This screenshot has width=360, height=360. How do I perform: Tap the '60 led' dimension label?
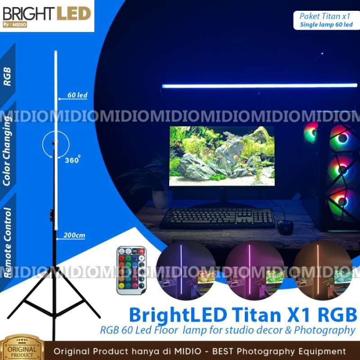point(77,95)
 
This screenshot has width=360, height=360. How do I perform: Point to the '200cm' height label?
point(74,235)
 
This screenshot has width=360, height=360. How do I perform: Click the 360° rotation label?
point(72,160)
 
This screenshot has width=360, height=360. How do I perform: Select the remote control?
point(131,270)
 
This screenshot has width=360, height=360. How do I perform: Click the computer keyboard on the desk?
point(217,218)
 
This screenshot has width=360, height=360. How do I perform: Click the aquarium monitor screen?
point(221,156)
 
